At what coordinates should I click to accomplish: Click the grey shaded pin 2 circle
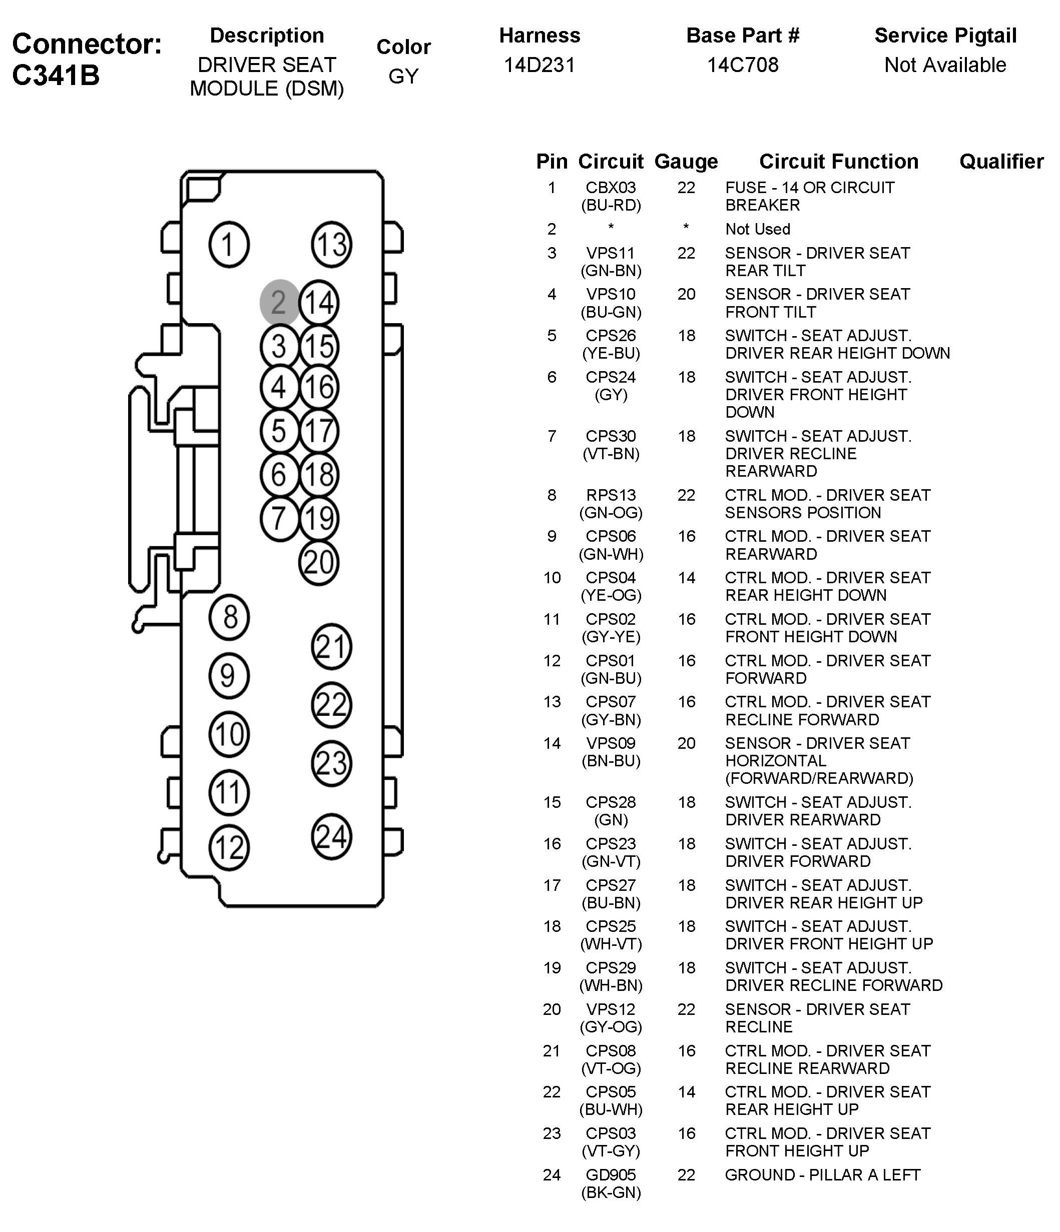click(279, 303)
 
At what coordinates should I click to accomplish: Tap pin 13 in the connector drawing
click(331, 245)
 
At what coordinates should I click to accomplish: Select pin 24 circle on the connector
click(331, 837)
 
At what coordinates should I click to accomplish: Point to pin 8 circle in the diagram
click(229, 618)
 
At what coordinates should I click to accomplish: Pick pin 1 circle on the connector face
click(229, 245)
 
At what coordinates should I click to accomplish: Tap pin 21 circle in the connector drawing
click(331, 647)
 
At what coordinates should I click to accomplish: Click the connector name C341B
click(56, 76)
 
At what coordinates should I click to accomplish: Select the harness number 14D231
click(540, 65)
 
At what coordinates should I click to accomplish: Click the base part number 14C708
click(742, 65)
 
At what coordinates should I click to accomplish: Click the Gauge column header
click(686, 162)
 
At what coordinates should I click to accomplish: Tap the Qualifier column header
click(1001, 162)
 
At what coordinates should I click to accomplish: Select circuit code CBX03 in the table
click(611, 188)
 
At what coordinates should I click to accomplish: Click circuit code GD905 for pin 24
click(611, 1175)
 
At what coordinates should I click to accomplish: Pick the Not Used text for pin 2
click(757, 230)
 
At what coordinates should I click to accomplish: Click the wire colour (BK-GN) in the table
click(611, 1193)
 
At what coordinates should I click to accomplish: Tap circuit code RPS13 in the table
click(611, 495)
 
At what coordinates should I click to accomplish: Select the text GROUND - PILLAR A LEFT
click(822, 1175)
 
